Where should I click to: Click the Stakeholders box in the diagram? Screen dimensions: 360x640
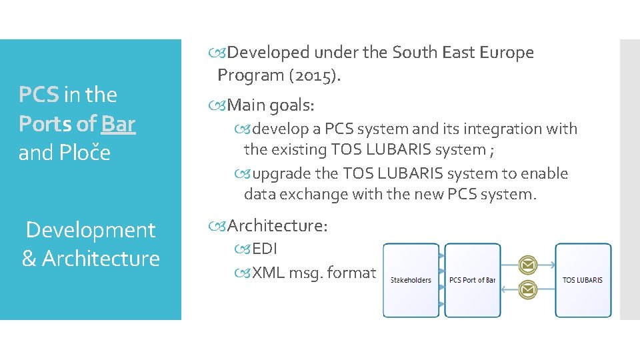point(411,280)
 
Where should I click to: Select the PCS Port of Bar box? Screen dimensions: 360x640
point(472,280)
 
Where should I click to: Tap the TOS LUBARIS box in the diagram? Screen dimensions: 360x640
point(582,280)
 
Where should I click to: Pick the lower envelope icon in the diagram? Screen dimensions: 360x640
point(527,290)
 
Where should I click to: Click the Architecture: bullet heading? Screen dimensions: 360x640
point(277,226)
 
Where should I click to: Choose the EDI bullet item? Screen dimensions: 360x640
point(265,249)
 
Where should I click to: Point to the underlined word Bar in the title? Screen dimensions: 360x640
point(119,124)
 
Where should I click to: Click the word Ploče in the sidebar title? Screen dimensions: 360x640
point(85,153)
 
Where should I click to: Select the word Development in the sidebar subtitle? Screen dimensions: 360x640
point(90,231)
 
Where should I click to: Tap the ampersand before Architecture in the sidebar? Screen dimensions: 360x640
point(29,259)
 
